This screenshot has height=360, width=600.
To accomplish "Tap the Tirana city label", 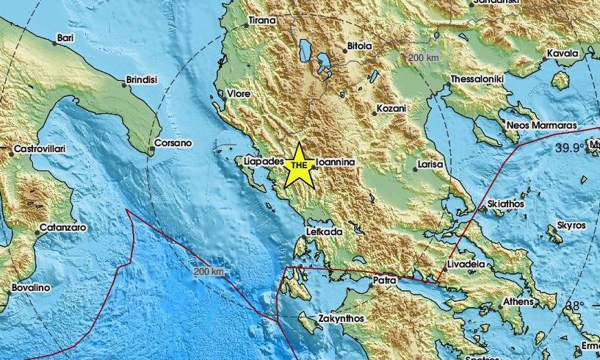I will pyautogui.click(x=263, y=21).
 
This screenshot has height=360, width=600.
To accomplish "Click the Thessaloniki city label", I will pyautogui.click(x=475, y=78).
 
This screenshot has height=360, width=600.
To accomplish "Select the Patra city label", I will pyautogui.click(x=384, y=280).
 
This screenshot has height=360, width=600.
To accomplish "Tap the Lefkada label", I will pyautogui.click(x=325, y=232).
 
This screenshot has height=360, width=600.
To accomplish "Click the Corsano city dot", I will pyautogui.click(x=151, y=151).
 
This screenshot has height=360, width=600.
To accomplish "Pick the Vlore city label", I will pyautogui.click(x=238, y=94).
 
